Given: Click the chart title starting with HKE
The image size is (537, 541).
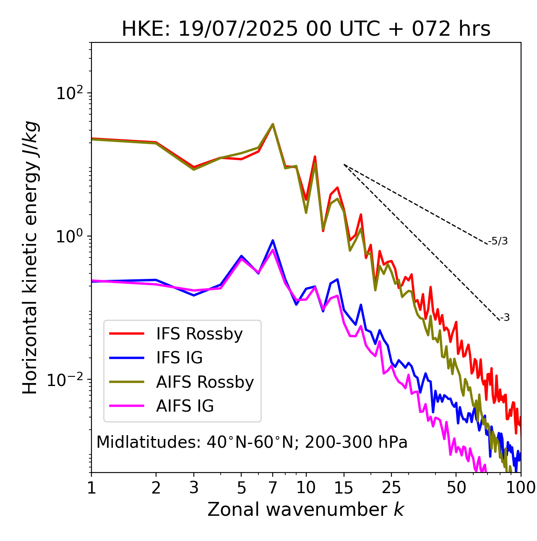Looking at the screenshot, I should [x=306, y=29].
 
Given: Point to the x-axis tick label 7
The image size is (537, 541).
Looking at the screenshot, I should [x=273, y=488].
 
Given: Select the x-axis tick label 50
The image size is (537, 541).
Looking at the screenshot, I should [x=456, y=488].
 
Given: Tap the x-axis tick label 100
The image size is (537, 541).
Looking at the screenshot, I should [x=520, y=488].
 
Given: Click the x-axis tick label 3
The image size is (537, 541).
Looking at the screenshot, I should [x=194, y=488].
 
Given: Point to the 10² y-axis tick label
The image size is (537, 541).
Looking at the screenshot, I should [x=70, y=93].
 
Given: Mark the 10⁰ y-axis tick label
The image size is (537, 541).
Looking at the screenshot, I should [x=70, y=236].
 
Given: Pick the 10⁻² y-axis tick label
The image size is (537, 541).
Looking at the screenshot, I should [x=67, y=380].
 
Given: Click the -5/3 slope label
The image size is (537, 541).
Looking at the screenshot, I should [x=498, y=241].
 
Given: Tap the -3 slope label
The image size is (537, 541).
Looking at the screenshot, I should [x=505, y=318].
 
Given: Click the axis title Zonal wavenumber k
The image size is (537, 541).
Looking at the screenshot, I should [x=306, y=509].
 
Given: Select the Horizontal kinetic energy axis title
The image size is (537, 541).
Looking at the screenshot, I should [x=30, y=257].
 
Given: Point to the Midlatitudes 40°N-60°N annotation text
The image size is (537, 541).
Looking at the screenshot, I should [x=252, y=442].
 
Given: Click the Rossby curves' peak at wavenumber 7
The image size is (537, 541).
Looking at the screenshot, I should [x=273, y=124].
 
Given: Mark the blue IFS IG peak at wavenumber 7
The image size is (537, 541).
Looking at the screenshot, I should [x=273, y=241].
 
